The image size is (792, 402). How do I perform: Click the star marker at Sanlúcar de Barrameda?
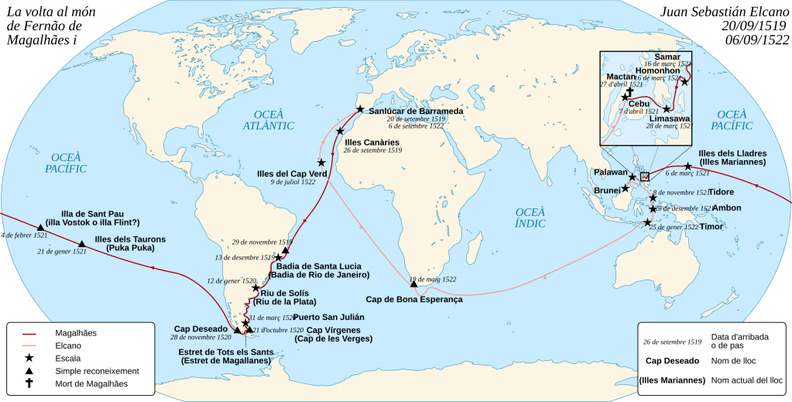point(359,110)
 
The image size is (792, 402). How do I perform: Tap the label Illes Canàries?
point(372,143)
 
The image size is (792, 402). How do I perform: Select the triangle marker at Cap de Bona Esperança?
point(414,285)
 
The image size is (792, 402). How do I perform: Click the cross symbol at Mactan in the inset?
point(629,91)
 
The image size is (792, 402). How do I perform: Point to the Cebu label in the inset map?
point(639,104)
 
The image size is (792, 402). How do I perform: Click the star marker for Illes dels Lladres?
point(687,167)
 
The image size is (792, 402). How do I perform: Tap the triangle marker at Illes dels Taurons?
point(82,244)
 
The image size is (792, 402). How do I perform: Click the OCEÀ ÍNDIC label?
point(531,218)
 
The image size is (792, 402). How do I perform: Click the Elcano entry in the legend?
point(70,345)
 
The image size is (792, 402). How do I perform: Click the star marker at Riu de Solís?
point(256,288)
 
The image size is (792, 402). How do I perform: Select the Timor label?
point(711,227)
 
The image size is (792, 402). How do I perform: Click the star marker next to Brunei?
point(626,188)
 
